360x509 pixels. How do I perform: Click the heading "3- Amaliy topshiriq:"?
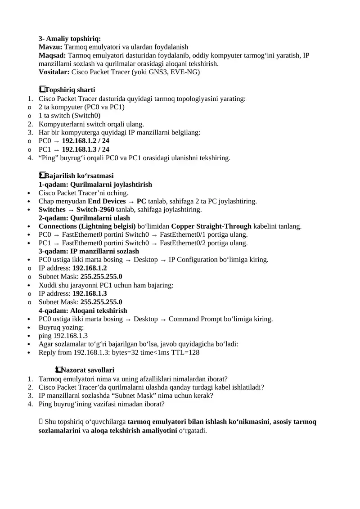tap(70, 39)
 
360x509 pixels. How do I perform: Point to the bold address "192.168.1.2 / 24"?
tap(85, 140)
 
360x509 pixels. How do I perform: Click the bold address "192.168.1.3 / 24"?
tap(85, 149)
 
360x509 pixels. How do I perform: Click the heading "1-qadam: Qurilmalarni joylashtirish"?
tap(95, 184)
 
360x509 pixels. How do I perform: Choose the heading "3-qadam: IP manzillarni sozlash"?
tap(89, 251)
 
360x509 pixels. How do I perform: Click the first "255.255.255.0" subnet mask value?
tap(101, 276)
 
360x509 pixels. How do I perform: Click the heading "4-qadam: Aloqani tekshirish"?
tap(83, 311)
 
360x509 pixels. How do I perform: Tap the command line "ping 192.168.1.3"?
tap(63, 336)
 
